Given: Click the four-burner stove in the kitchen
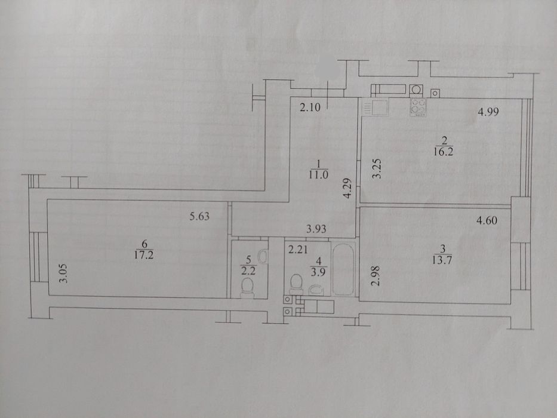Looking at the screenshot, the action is (418, 107).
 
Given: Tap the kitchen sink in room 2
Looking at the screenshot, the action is (375, 107).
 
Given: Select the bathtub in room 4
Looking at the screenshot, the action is (343, 269).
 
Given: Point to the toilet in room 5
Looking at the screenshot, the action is (247, 287).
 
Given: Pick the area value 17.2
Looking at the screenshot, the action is (144, 255).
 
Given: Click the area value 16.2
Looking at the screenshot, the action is (443, 152).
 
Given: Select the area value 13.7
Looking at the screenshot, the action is (442, 260).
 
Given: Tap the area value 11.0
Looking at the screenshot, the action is (318, 175).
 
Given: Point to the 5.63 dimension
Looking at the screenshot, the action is (199, 216).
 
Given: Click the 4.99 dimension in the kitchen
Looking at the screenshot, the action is (488, 112).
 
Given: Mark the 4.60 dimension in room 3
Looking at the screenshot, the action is (487, 221).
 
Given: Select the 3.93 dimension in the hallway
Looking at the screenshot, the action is (316, 229).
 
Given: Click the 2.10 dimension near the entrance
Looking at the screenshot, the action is (310, 107).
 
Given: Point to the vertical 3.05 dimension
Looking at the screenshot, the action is (64, 273).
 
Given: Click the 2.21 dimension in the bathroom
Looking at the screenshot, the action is (298, 250).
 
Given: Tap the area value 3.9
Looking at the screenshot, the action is (319, 272).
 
